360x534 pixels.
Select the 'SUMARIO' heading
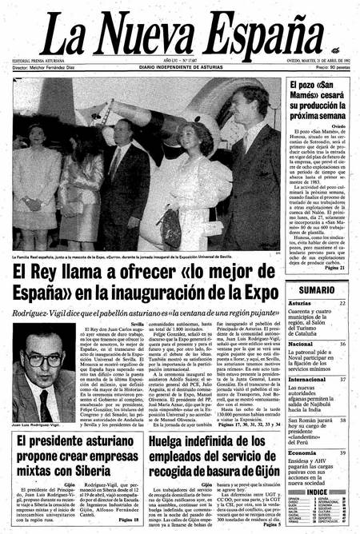click(x=319, y=289)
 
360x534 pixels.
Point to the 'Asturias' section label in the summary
click(x=302, y=304)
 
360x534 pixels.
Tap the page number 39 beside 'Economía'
click(x=342, y=452)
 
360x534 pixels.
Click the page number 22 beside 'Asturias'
click(x=342, y=304)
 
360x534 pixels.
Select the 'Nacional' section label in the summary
click(x=302, y=344)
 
